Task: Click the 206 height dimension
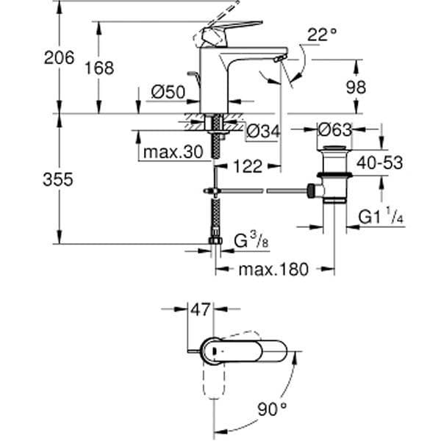[60, 57]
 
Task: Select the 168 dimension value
[99, 68]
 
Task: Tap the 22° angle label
[322, 35]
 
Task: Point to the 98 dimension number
[356, 87]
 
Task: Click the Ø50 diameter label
[168, 92]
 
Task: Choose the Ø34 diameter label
[263, 131]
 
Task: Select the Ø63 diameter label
[334, 130]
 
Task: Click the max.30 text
[173, 152]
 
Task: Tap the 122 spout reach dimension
[248, 166]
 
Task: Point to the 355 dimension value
[58, 179]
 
